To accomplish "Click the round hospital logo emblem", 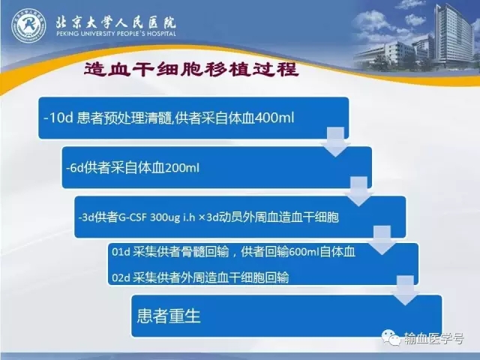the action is [28, 25].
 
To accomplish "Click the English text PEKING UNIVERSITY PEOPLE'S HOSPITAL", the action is [116, 33].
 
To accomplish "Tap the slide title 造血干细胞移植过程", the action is [191, 69].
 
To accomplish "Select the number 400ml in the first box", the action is [274, 118].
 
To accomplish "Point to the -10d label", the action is [58, 118].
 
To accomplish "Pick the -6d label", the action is [75, 168].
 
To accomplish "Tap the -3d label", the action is [86, 217].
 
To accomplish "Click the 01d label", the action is [121, 252].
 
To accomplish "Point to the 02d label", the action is [121, 278].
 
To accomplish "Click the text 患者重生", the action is [169, 316].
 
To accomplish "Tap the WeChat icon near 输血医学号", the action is [391, 337].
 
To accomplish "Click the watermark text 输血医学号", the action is [433, 338].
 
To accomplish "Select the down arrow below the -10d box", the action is [335, 142].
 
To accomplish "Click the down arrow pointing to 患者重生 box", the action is [405, 290].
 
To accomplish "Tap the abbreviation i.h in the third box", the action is [189, 217].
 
